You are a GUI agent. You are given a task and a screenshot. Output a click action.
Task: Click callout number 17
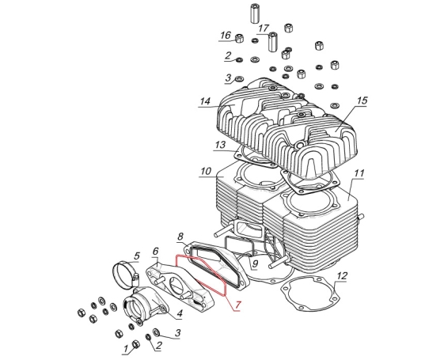pyautogui.click(x=264, y=28)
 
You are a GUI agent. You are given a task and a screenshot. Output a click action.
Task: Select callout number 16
pyautogui.click(x=226, y=36)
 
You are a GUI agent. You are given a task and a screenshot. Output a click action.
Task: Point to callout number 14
pyautogui.click(x=205, y=101)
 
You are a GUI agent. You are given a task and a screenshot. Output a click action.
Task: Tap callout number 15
pyautogui.click(x=362, y=100)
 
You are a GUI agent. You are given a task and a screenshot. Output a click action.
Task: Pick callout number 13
pyautogui.click(x=220, y=146)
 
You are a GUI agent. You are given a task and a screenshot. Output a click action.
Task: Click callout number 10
pyautogui.click(x=206, y=171)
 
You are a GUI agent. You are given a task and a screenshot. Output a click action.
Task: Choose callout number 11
pyautogui.click(x=359, y=173)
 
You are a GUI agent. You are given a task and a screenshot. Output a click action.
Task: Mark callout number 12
pyautogui.click(x=342, y=275)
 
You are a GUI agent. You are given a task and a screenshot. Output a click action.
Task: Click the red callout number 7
pyautogui.click(x=237, y=305)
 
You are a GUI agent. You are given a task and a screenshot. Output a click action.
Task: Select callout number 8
pyautogui.click(x=180, y=237)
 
